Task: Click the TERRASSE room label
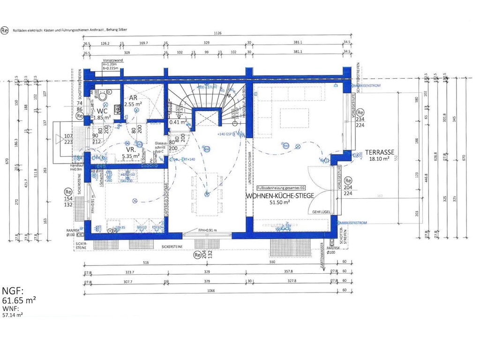coord(380,152)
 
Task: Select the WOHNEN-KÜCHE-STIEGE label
coord(279,196)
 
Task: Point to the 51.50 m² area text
coord(280,203)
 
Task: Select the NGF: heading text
coord(13,291)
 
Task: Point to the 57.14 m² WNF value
coord(13,315)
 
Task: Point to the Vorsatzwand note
coord(113,61)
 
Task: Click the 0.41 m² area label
coord(178,122)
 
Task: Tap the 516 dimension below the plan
coord(145,263)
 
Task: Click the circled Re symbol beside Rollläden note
coord(5,30)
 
